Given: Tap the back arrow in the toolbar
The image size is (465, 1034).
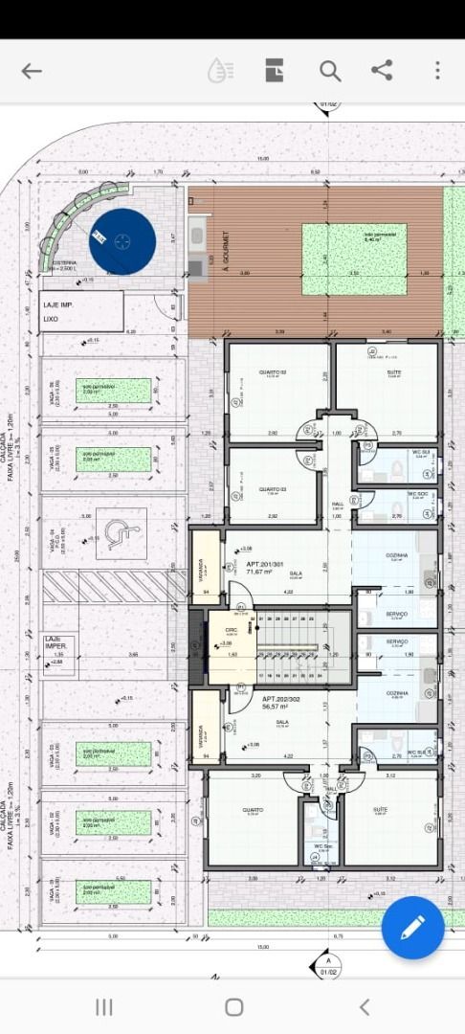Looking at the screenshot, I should coord(32,71).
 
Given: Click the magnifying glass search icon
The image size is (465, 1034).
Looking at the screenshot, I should coord(330,71).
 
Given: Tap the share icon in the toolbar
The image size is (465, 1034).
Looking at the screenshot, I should coord(382,70).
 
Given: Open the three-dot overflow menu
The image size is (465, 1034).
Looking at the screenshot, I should coord(437,70).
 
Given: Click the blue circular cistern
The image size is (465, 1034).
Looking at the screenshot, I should coord(122,241).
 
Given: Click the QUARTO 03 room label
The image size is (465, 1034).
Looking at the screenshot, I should coord(272,489).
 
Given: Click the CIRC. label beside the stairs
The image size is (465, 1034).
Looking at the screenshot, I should coord(231,631).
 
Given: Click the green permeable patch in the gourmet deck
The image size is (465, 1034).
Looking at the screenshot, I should coord(354,259).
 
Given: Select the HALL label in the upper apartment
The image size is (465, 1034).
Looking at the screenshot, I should coord(338,504).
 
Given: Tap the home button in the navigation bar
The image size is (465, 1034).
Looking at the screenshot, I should coord(233,1006).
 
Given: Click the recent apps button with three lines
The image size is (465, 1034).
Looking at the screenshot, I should coord(104,1006).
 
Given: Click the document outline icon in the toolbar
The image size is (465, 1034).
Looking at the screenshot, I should coord(275,71).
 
